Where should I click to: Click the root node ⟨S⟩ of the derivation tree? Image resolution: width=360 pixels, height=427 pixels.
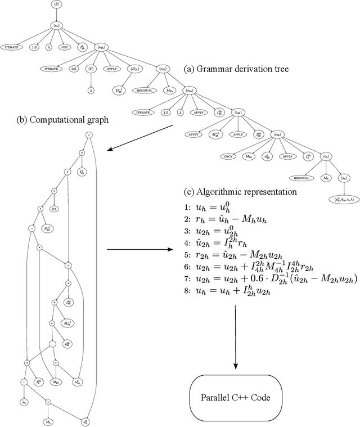coord(56,5)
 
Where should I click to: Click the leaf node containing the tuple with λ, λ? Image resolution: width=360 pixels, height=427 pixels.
coord(341,200)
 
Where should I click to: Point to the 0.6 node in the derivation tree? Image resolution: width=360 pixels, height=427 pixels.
coord(74,69)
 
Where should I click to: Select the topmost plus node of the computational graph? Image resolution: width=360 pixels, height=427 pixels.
coord(88,135)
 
